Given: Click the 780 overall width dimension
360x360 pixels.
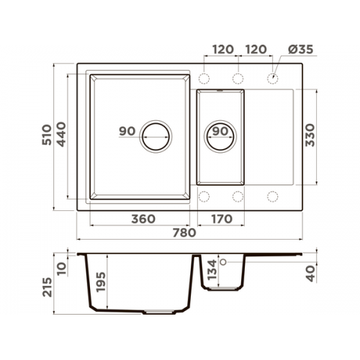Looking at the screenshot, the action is coord(184,233).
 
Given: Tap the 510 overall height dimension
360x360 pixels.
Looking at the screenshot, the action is coord(47,135).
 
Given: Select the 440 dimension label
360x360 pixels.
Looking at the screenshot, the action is coord(61,135).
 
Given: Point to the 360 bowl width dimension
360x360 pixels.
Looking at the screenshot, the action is coord(143,219).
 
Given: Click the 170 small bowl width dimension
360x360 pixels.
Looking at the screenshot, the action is coord(222,219).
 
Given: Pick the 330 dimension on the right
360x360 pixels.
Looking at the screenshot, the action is coord(310,135).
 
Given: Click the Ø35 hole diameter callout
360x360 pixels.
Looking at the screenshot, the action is coord(301,50).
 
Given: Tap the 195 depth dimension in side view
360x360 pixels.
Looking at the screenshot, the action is coord(101,282).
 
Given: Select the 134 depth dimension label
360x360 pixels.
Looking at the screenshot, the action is coord(212,270).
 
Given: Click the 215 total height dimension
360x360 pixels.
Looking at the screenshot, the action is coord(47,287).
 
